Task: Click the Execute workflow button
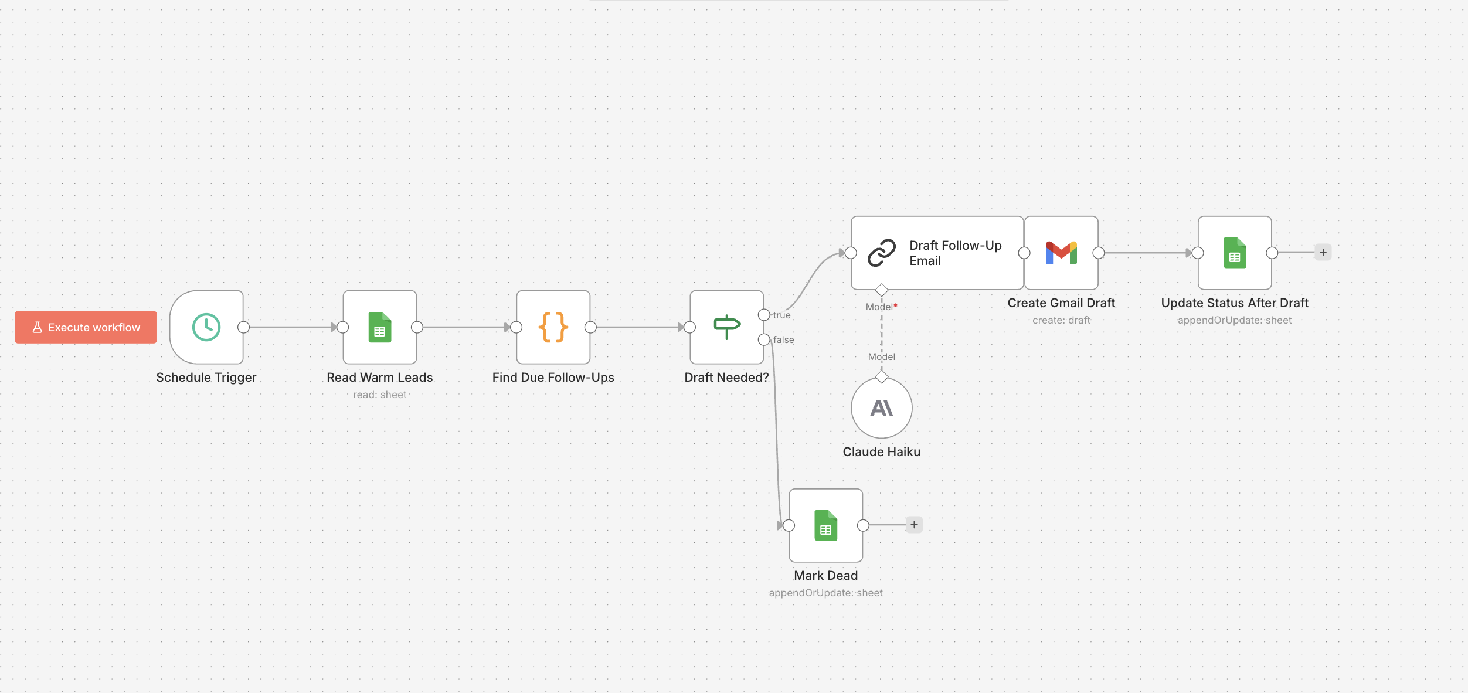pos(86,327)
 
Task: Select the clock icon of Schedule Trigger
pos(206,327)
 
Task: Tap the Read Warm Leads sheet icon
pos(380,327)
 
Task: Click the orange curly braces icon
pos(553,327)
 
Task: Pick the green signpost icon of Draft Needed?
pos(727,327)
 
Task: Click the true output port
pos(764,315)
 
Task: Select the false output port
pos(764,339)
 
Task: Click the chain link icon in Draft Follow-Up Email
pos(882,253)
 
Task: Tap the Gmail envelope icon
pos(1061,253)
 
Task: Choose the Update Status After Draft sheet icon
pos(1235,253)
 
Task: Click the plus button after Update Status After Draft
pos(1323,252)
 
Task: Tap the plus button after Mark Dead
pos(914,525)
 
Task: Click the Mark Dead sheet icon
pos(825,525)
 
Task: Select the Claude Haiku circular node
pos(882,408)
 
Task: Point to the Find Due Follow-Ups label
pos(553,378)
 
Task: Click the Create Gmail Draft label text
pos(1061,303)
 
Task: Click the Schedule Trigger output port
pos(244,327)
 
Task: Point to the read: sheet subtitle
pos(380,395)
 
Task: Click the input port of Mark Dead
pos(789,525)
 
